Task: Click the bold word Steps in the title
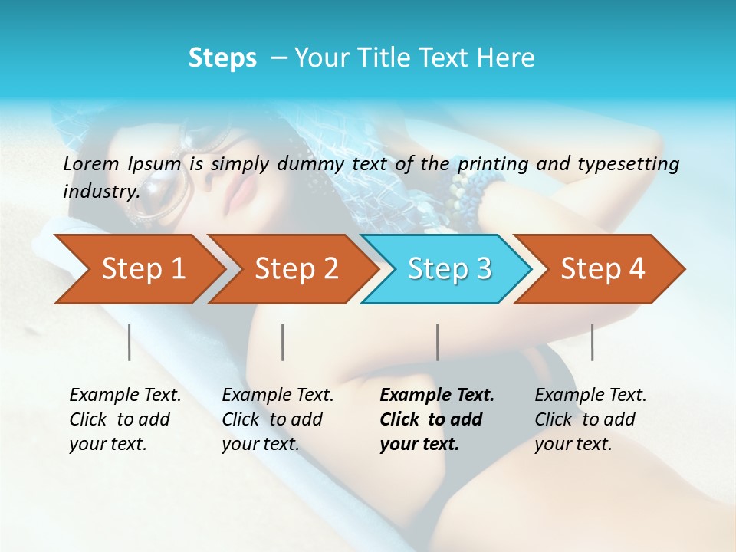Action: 222,58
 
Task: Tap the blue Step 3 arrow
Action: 449,269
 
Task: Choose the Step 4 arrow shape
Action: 603,269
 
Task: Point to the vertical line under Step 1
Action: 130,342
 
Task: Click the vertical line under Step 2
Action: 283,342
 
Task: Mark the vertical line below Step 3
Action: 437,342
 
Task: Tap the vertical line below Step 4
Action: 592,342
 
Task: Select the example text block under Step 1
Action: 125,419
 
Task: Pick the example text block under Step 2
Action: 278,419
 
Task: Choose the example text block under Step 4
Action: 590,419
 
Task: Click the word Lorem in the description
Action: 91,163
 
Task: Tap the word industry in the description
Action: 100,191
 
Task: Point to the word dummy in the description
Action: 310,163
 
